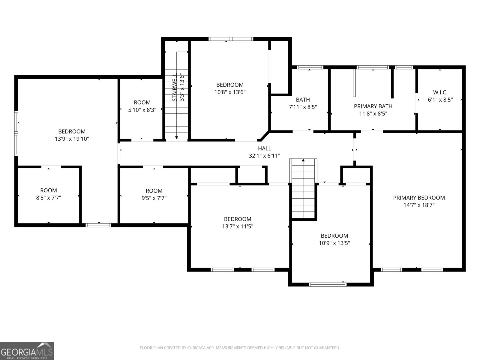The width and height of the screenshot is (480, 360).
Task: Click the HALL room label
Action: (264, 148)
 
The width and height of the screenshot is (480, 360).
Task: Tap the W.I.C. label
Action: (440, 92)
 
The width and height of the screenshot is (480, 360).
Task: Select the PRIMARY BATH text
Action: (373, 106)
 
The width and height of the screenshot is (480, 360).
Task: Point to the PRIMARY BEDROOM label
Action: (419, 198)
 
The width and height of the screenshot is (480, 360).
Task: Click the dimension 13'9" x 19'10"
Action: (72, 139)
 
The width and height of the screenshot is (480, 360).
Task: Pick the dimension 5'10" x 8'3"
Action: (142, 110)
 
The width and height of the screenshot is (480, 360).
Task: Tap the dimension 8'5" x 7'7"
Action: (49, 198)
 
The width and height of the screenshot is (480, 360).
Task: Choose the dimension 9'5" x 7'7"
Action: (154, 198)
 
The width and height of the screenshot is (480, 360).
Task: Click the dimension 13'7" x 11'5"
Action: (238, 226)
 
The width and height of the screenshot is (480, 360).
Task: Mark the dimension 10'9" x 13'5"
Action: (334, 243)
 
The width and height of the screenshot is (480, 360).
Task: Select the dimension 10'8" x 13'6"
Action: (230, 92)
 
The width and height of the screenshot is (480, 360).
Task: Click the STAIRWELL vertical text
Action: (175, 87)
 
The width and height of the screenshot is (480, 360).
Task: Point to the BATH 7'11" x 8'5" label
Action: (303, 103)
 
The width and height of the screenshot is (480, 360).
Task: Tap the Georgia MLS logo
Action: (27, 351)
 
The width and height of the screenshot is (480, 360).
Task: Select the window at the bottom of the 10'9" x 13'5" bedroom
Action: (328, 284)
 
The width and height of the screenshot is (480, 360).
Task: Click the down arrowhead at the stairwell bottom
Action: (176, 138)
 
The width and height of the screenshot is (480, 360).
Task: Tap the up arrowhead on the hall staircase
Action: (303, 160)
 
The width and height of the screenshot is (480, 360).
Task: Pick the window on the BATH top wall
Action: (310, 67)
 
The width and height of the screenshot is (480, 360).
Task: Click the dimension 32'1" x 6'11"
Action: (264, 156)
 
